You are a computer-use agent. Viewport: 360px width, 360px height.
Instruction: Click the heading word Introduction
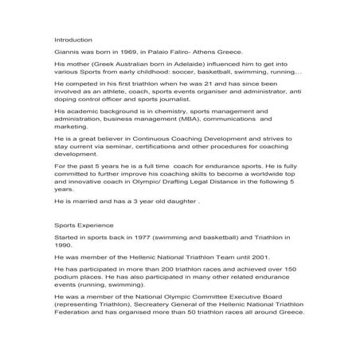click(72, 39)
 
